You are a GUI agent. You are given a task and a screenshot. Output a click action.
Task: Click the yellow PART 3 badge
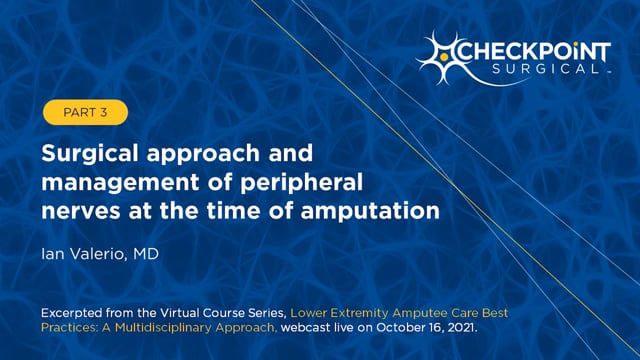point(85,113)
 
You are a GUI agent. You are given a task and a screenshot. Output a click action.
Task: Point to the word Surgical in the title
point(84,156)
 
